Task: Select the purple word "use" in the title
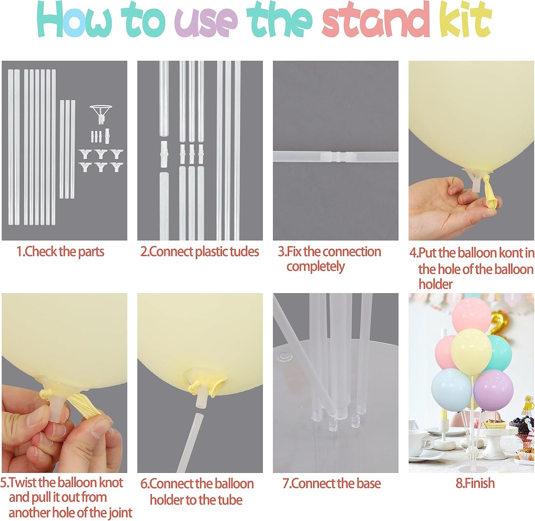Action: [x=206, y=22]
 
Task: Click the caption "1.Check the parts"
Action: [x=60, y=252]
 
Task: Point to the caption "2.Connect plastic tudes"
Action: [x=200, y=252]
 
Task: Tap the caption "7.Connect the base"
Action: [x=332, y=484]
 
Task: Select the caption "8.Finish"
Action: [x=475, y=483]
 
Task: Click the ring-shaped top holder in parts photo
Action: [x=100, y=110]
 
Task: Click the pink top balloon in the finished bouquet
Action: [x=471, y=315]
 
